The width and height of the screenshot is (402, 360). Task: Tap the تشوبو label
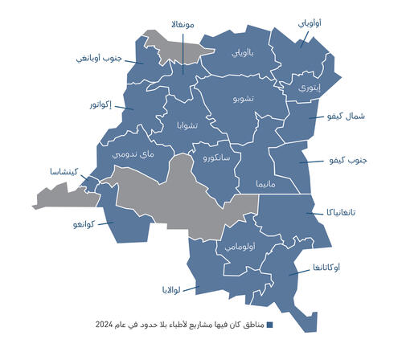coord(244,99)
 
